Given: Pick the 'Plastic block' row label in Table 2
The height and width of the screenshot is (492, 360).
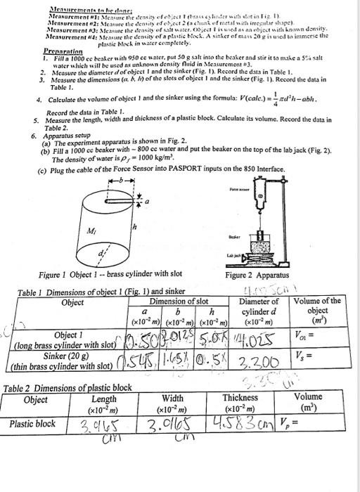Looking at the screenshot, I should coord(32,424).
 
